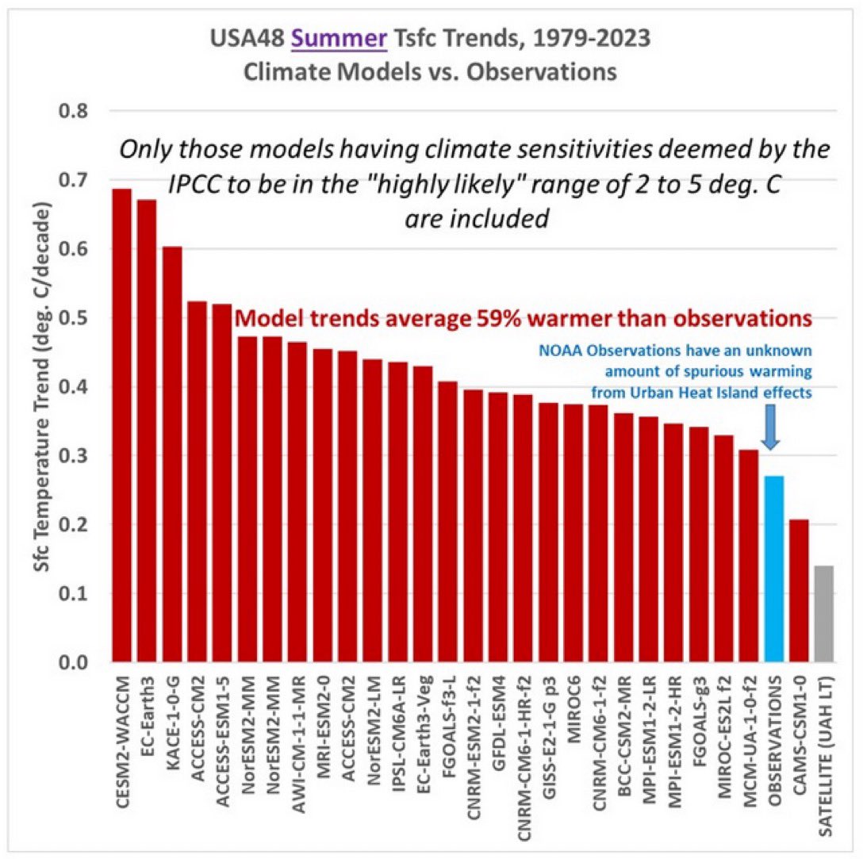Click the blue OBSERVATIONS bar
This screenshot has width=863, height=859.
pyautogui.click(x=773, y=569)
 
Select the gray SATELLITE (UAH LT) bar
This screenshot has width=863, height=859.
pyautogui.click(x=824, y=614)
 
